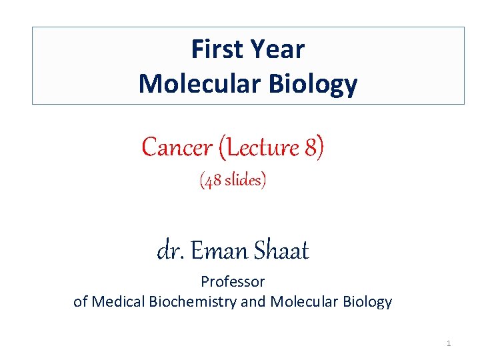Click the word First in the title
pyautogui.click(x=218, y=49)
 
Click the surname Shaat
pyautogui.click(x=281, y=251)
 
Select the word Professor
pyautogui.click(x=233, y=282)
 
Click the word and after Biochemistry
pyautogui.click(x=253, y=301)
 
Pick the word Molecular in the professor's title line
pyautogui.click(x=303, y=301)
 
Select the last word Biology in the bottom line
pyautogui.click(x=366, y=302)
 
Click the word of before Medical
pyautogui.click(x=81, y=301)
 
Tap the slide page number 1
pyautogui.click(x=449, y=343)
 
